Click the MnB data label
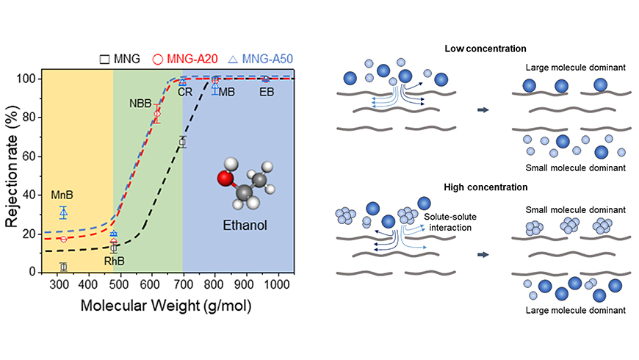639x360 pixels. tap(61, 196)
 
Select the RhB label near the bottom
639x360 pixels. tap(112, 260)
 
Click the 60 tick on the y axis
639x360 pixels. tap(29, 156)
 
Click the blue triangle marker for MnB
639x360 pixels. tap(63, 212)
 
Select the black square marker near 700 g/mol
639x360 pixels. tap(183, 142)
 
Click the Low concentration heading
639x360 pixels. tap(485, 48)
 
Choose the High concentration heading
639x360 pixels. tap(486, 187)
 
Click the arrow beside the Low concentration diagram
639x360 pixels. tap(483, 111)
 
